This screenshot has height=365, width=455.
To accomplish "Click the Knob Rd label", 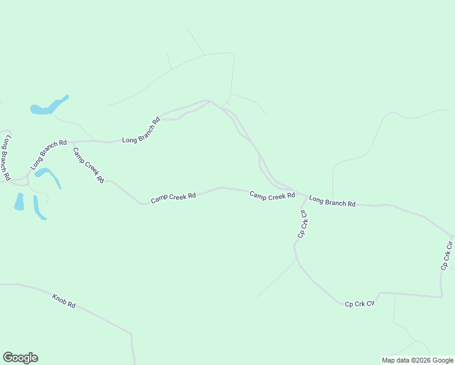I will (63, 301).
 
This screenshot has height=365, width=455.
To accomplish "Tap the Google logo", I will (20, 358).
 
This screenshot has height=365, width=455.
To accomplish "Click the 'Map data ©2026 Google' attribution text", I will (418, 360).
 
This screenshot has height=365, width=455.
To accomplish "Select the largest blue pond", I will (49, 106).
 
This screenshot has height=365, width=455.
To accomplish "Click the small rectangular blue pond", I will (19, 201).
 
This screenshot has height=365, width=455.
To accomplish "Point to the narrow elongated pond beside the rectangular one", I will (39, 208).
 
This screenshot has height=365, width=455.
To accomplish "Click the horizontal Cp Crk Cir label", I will (359, 303).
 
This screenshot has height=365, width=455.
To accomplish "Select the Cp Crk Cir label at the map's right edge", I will (447, 255).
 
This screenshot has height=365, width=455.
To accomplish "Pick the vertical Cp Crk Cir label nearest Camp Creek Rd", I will (302, 223).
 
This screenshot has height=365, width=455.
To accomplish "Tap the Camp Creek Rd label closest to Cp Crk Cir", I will (272, 195).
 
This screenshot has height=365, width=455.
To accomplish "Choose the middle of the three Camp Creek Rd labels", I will (173, 197).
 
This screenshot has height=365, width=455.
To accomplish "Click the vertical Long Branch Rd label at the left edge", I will (7, 158).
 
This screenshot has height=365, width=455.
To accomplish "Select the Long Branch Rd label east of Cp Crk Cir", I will (332, 201).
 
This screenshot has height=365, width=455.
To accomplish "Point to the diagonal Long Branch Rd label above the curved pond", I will (48, 155).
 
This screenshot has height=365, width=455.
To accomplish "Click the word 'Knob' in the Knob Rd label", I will (59, 299).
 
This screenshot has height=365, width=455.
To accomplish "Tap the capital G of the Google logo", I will (8, 358).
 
